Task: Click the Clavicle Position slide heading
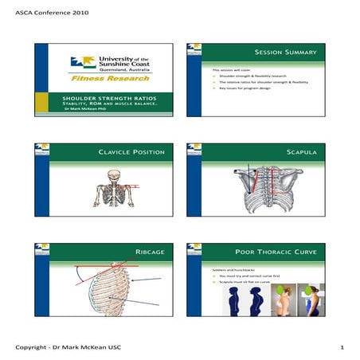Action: tap(131, 151)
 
